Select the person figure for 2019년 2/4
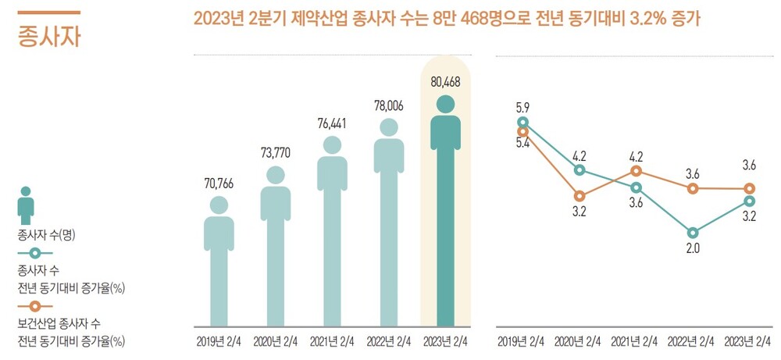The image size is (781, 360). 219,262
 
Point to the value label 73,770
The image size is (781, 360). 275,152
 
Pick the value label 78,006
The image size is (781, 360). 388,105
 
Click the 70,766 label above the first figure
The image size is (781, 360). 219,184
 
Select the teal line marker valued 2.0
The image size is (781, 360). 692,232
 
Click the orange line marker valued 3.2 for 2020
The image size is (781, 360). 580,196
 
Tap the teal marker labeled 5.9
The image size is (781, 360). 522,122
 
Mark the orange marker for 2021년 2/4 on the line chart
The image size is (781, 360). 636,171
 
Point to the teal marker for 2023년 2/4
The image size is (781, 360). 749,201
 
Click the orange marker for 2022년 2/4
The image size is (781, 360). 692,188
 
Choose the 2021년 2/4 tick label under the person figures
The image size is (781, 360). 332,340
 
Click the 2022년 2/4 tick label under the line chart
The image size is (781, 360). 692,340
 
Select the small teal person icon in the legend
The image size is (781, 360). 27,205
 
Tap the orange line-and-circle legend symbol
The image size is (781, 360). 36,305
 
